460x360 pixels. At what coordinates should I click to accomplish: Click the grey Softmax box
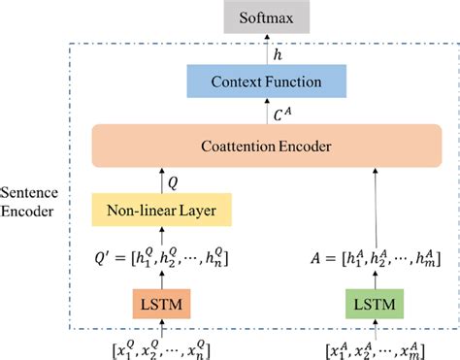pos(268,16)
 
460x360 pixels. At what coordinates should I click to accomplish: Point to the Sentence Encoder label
pos(32,201)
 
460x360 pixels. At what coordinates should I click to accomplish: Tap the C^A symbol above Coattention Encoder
pos(282,114)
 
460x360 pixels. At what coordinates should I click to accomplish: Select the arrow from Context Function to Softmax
pos(268,49)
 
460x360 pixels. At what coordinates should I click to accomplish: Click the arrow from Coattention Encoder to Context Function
pos(268,114)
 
